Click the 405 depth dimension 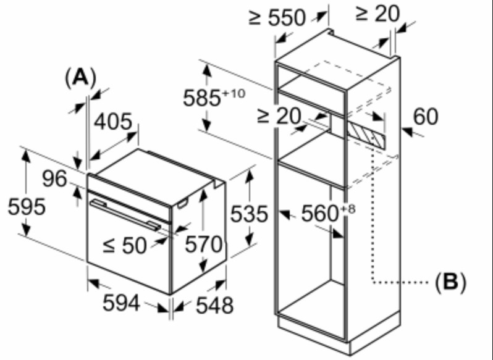tap(113, 122)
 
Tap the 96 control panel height tap(55, 178)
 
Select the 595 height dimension tap(27, 206)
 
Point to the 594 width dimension tap(121, 303)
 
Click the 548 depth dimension tap(215, 305)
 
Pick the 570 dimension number tap(204, 244)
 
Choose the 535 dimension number tap(250, 214)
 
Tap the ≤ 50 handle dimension tap(125, 245)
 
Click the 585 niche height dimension tap(202, 98)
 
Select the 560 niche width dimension tap(321, 214)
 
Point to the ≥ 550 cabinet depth tap(277, 17)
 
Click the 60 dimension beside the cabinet tap(426, 117)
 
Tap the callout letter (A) tap(80, 77)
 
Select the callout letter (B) tap(450, 281)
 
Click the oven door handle tap(125, 215)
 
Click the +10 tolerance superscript tap(234, 93)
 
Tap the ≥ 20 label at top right tap(377, 14)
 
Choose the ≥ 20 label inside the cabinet tap(279, 115)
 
